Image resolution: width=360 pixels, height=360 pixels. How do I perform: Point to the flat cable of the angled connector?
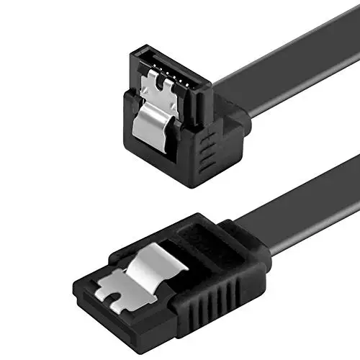coord(288,76)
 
